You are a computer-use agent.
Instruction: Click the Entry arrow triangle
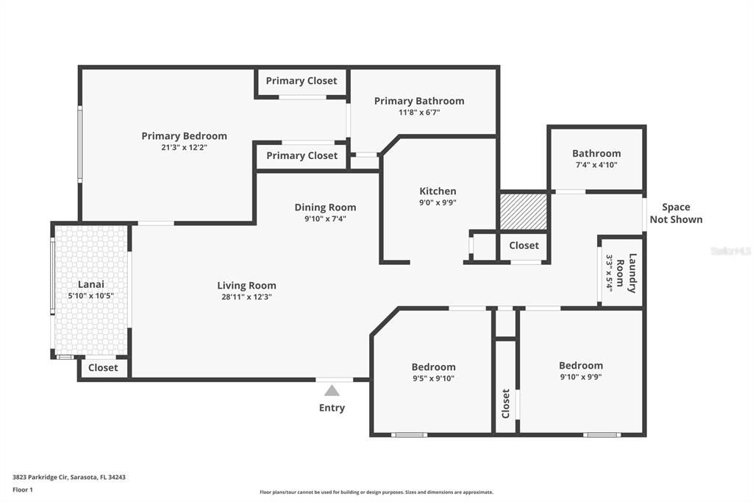pyautogui.click(x=332, y=391)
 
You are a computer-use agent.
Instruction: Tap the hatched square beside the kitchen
pyautogui.click(x=523, y=211)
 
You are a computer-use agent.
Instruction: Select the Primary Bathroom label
pyautogui.click(x=419, y=101)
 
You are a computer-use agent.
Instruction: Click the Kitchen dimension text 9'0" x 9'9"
pyautogui.click(x=438, y=203)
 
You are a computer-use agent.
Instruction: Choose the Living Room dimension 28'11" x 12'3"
pyautogui.click(x=246, y=297)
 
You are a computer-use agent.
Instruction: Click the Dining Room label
pyautogui.click(x=325, y=208)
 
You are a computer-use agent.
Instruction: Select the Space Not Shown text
pyautogui.click(x=676, y=213)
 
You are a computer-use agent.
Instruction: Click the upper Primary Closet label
pyautogui.click(x=301, y=81)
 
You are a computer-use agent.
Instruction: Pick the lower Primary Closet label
pyautogui.click(x=301, y=155)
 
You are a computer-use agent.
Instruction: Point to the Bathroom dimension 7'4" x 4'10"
pyautogui.click(x=596, y=165)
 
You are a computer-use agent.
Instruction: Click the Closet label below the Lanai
pyautogui.click(x=103, y=367)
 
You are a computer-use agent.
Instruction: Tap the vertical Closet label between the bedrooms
pyautogui.click(x=505, y=403)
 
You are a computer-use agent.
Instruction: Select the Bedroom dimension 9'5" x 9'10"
pyautogui.click(x=433, y=378)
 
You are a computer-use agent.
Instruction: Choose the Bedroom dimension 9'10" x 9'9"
pyautogui.click(x=580, y=377)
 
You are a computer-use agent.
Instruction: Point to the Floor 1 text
pyautogui.click(x=23, y=489)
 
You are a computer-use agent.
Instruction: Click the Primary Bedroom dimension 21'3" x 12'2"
pyautogui.click(x=184, y=147)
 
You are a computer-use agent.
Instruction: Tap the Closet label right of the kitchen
pyautogui.click(x=524, y=245)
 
